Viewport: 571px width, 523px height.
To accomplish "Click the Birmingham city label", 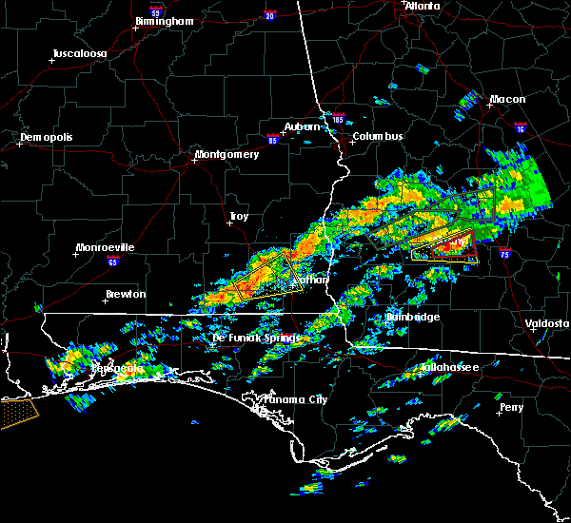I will pos(164,20).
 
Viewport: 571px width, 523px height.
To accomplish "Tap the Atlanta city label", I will pos(423,6).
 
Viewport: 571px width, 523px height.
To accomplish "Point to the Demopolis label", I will pos(46,137).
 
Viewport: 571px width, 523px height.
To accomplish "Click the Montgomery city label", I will pos(226,154).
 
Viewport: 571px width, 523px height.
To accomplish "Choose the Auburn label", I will pos(302,126).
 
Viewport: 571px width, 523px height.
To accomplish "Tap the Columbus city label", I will pos(378,136).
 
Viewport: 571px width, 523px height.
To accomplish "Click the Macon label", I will pos(507,99).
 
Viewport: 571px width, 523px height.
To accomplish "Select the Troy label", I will pos(238,217).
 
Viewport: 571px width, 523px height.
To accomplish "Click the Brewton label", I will pos(126,294).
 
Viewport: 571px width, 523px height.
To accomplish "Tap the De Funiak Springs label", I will pos(255,338).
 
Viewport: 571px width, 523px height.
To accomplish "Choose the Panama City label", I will pos(295,399).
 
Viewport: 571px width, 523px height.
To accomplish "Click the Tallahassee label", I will pos(450,366).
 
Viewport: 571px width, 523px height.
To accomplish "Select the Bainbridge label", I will pos(413,317).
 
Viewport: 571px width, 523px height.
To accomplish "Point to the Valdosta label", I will pos(547,323).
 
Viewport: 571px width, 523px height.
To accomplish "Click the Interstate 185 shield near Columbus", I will pos(337,121).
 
